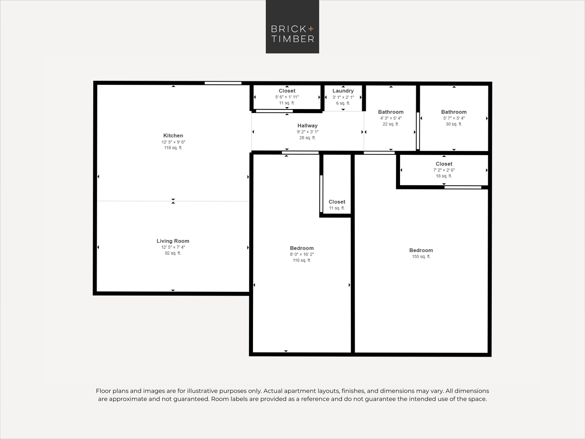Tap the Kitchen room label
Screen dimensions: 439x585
coord(173,135)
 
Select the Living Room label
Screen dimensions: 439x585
coord(173,241)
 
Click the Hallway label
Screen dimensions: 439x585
coord(307,125)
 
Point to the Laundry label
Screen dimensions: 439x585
coord(343,91)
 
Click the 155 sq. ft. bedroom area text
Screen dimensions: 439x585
coord(421,256)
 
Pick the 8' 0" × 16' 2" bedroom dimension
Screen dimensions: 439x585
coord(302,254)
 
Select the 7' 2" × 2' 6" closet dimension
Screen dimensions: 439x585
coord(444,170)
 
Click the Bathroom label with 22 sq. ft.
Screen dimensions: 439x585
coord(390,112)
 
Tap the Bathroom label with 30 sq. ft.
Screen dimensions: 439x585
coord(454,112)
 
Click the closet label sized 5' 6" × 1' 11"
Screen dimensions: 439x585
coord(287,91)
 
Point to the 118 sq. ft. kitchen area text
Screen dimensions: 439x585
coord(173,148)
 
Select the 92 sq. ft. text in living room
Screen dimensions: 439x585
coord(173,253)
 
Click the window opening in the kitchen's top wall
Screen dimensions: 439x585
coord(223,83)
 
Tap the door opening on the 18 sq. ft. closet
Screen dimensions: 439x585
coord(463,187)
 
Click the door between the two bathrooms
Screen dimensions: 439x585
coord(418,131)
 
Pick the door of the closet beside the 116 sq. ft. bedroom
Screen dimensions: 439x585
coord(321,194)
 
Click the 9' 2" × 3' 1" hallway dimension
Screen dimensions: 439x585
coord(307,132)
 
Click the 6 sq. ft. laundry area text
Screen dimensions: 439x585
coord(343,103)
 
